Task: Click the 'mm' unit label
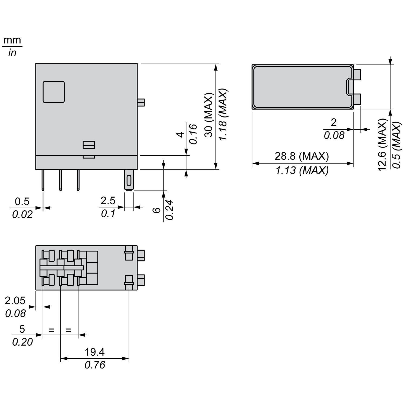tap(12, 40)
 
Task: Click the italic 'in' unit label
tap(12, 53)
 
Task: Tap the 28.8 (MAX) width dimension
tap(302, 156)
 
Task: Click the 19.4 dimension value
tap(95, 352)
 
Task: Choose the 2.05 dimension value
tap(15, 300)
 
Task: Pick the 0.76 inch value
tap(95, 365)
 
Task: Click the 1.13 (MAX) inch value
tap(302, 171)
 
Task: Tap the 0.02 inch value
tap(22, 214)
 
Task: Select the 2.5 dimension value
tap(108, 201)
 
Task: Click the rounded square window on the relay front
tap(54, 92)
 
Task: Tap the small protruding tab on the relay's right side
tap(141, 103)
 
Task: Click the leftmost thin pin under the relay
tap(43, 180)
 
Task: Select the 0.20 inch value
tap(22, 342)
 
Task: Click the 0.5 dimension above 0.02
tap(22, 201)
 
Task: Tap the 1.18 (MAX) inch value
tap(223, 115)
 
